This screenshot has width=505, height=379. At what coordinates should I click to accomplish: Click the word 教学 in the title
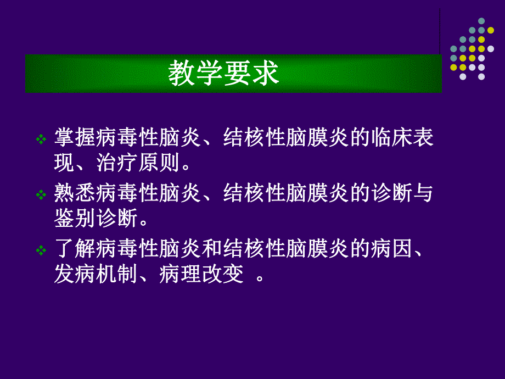(195, 74)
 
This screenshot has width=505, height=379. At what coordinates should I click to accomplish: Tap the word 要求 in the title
(252, 74)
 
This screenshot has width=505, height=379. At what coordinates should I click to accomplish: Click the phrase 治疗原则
(148, 163)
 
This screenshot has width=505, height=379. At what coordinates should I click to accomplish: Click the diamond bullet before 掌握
(41, 140)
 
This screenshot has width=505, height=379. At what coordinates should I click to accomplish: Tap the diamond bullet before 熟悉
(41, 196)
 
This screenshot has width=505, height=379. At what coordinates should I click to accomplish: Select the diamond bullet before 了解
(41, 251)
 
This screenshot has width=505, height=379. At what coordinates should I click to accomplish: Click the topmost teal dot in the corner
(481, 21)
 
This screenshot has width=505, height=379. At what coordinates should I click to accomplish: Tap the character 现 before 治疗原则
(64, 163)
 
